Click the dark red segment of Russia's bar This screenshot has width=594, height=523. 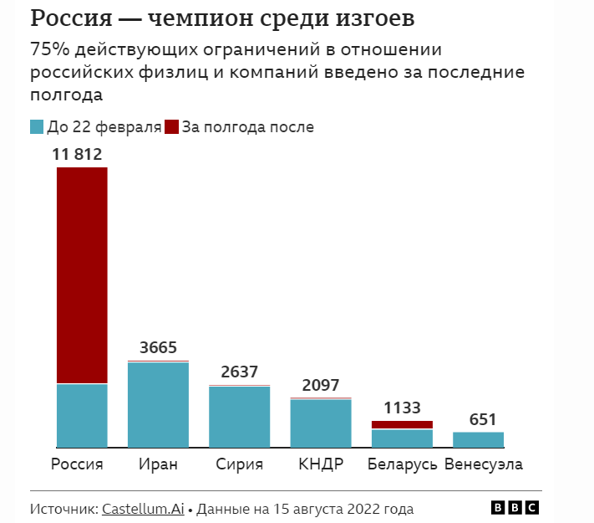coord(82,275)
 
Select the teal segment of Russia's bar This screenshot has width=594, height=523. coord(82,415)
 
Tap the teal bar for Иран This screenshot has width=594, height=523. coord(158,405)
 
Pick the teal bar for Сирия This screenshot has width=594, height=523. coord(239,417)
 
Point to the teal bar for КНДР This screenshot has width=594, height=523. coord(321,423)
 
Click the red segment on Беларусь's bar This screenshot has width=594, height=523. coord(402,425)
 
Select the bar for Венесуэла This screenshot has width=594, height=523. coord(478,439)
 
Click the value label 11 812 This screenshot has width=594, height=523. coord(77,154)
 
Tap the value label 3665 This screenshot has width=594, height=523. coord(158,348)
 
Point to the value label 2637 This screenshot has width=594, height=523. coord(239,372)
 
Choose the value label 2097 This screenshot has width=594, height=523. coord(320,385)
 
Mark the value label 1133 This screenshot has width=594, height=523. coord(402,408)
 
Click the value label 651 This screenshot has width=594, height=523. coord(478,419)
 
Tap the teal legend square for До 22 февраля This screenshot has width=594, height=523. coord(37,127)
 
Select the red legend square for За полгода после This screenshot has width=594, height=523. coord(171,127)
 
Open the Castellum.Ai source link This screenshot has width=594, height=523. coord(143,509)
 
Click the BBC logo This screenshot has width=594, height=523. coord(515,508)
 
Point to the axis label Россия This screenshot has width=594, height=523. coord(77,465)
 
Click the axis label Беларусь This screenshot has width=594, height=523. coord(402,465)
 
